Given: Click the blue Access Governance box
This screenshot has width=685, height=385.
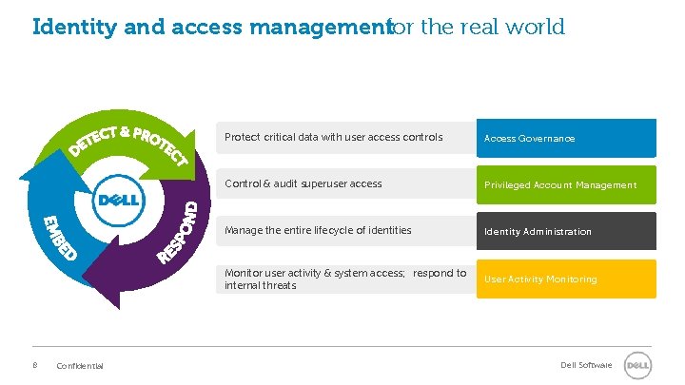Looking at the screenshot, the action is pyautogui.click(x=566, y=138).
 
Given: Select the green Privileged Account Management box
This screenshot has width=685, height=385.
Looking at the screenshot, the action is pyautogui.click(x=566, y=184).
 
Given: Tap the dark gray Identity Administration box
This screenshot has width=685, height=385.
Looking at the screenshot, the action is pyautogui.click(x=566, y=231).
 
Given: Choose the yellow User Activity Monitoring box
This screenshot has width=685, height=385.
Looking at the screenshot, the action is pyautogui.click(x=566, y=279).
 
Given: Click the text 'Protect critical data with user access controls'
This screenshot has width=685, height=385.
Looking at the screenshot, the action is pyautogui.click(x=333, y=138).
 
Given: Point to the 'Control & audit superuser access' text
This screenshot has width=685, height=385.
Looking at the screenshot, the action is pyautogui.click(x=303, y=184).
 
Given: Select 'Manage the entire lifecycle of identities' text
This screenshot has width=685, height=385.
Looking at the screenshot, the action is pyautogui.click(x=318, y=230).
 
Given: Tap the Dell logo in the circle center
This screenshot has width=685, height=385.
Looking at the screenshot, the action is pyautogui.click(x=118, y=202).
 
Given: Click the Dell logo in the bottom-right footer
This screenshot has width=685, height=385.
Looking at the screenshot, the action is pyautogui.click(x=636, y=366).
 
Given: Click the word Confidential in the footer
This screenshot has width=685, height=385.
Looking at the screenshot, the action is pyautogui.click(x=80, y=367).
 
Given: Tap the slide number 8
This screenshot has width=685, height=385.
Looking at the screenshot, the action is pyautogui.click(x=35, y=366).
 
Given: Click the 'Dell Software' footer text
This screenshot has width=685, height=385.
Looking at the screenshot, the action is pyautogui.click(x=586, y=366).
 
